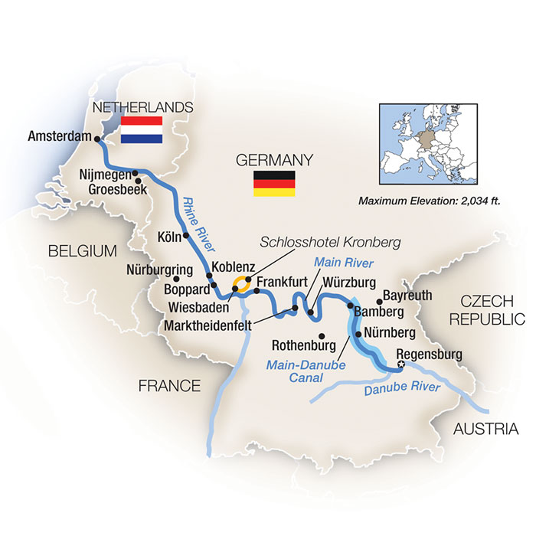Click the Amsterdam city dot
coord(97,139)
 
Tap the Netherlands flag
coord(142,129)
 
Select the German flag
coord(274,184)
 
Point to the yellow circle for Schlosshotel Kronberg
coord(241,284)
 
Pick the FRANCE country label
coord(169,387)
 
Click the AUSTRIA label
coord(485,430)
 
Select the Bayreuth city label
coord(409,295)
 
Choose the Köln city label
coord(169,236)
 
